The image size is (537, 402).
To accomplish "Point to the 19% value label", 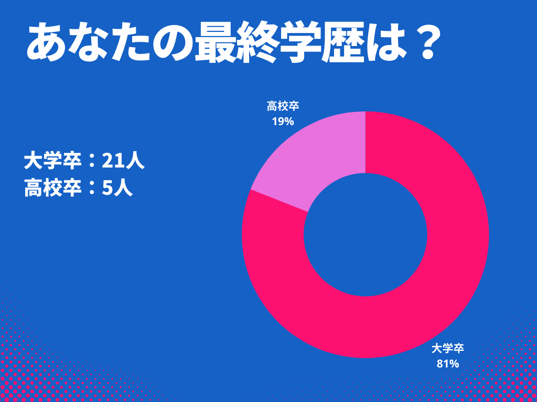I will (x=283, y=121).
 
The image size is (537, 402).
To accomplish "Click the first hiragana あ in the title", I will (x=45, y=44).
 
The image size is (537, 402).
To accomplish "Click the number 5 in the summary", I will (x=108, y=188).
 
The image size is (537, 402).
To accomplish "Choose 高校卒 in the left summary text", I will (x=52, y=188).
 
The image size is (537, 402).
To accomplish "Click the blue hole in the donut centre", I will (x=366, y=234).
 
